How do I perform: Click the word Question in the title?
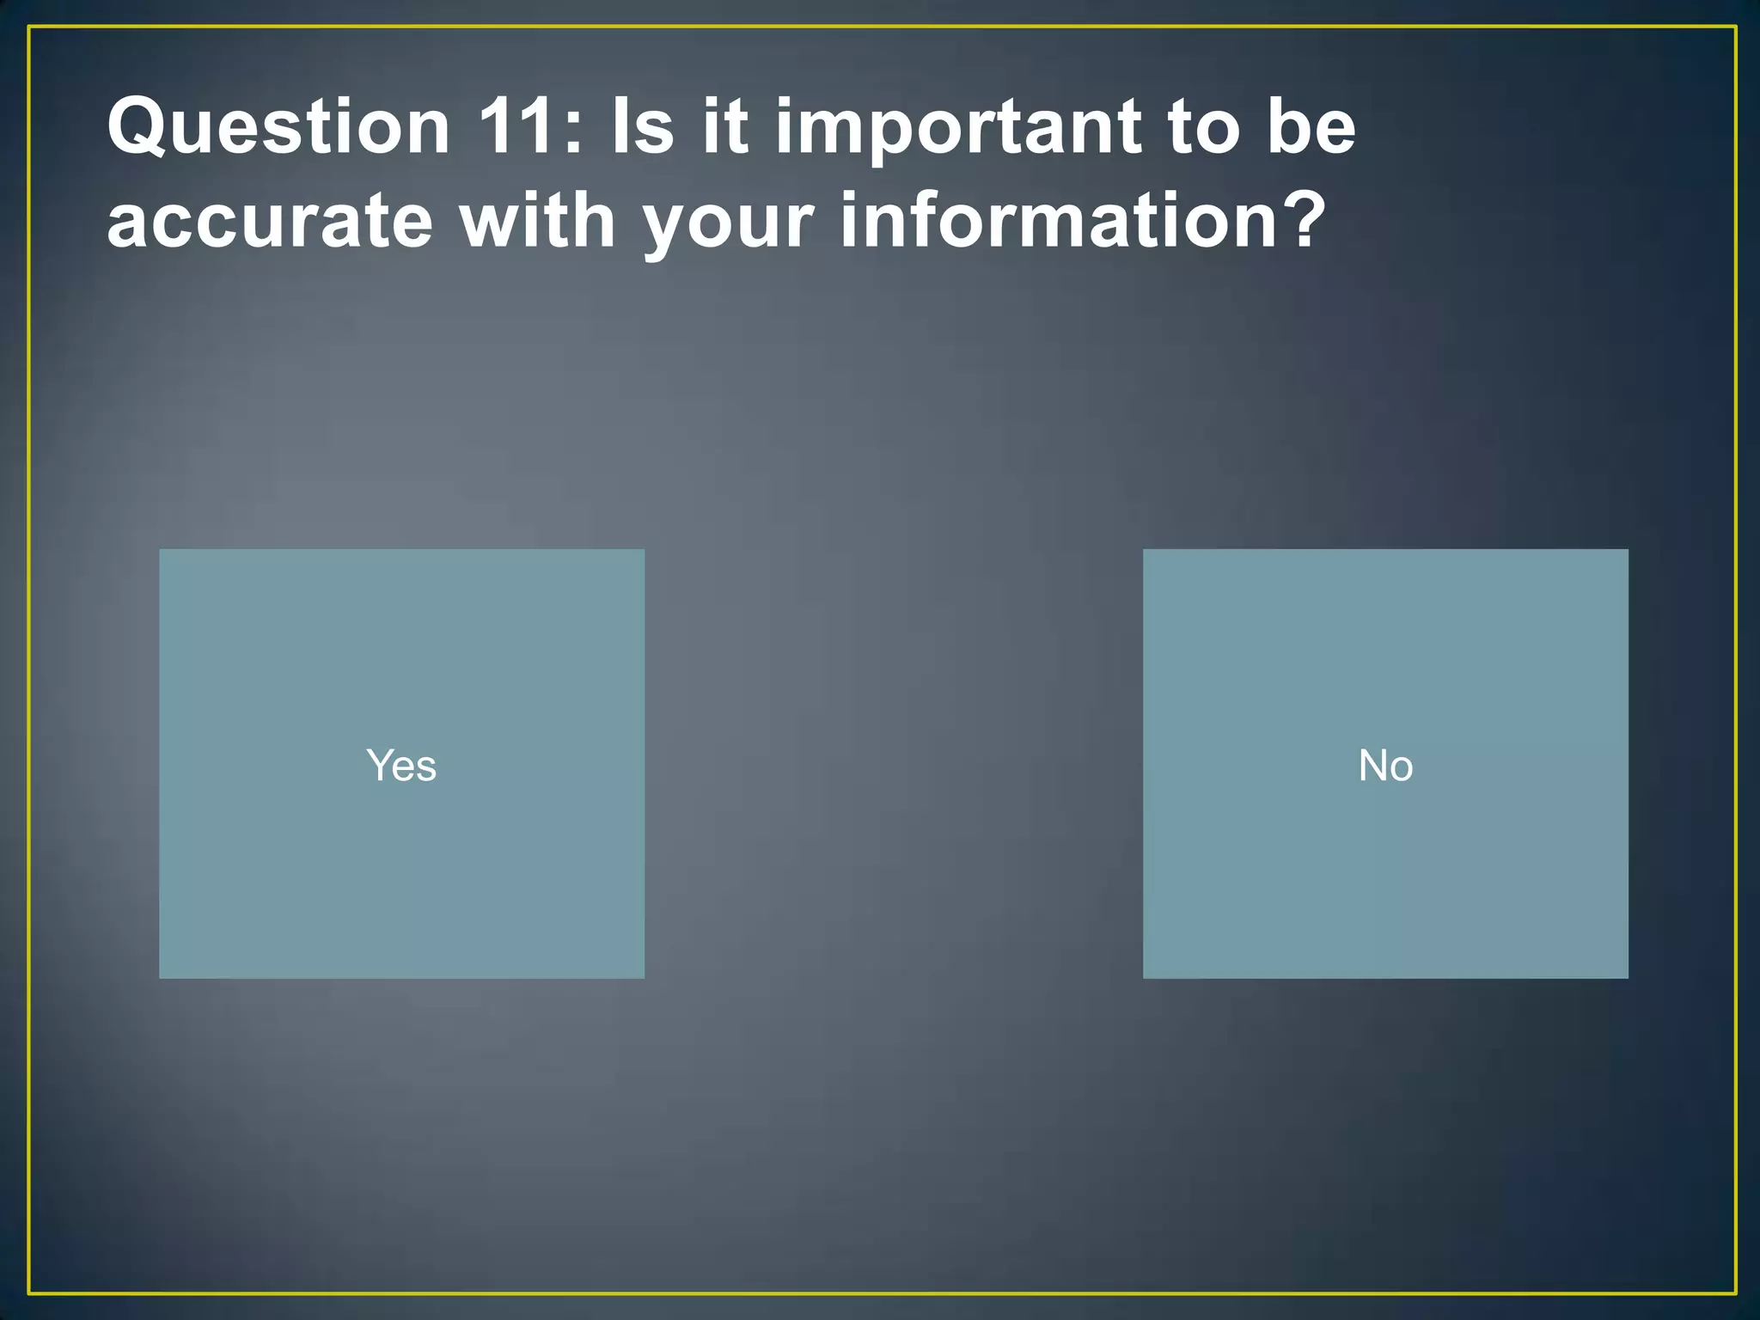279,126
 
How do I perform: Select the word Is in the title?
642,126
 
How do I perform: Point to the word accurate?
270,222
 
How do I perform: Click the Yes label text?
401,765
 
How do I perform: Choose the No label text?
1385,765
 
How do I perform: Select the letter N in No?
1372,765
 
